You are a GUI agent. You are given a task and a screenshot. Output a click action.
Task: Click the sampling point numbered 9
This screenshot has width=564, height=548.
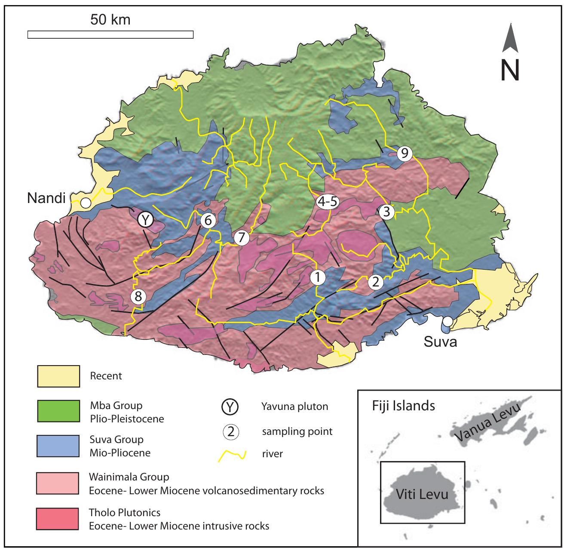click(405, 153)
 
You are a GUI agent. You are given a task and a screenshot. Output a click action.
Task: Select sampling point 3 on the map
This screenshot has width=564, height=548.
click(387, 212)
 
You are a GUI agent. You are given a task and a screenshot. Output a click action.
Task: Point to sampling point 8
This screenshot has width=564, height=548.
click(138, 296)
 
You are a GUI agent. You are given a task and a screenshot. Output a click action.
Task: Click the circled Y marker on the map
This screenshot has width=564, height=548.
click(145, 220)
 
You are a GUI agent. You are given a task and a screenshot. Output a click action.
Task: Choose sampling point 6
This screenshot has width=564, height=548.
click(208, 221)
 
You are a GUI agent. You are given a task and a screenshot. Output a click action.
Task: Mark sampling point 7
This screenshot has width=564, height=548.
click(241, 237)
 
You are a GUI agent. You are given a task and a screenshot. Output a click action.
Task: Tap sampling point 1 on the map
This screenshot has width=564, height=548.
click(317, 277)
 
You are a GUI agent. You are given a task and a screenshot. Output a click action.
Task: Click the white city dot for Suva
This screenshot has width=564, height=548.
click(448, 321)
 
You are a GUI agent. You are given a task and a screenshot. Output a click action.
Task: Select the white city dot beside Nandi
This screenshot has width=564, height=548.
click(86, 203)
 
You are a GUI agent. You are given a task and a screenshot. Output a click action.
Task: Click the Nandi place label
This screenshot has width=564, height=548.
click(46, 198)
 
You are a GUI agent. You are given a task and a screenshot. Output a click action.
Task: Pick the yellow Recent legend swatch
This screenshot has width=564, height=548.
click(58, 376)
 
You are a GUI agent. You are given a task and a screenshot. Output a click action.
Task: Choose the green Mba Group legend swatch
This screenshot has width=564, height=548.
click(58, 412)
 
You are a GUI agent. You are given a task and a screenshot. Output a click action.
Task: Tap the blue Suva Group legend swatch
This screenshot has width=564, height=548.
click(58, 446)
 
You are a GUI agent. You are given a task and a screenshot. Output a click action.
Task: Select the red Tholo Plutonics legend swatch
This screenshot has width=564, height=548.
click(58, 519)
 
